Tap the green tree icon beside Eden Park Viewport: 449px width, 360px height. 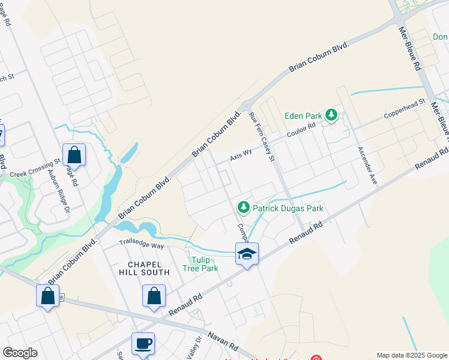point(331,114)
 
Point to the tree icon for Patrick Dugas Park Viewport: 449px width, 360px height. point(243,208)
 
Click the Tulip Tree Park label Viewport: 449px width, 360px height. point(205,264)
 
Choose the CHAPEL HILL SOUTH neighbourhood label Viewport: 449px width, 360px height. point(149,268)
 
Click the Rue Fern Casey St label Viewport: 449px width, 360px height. point(262,137)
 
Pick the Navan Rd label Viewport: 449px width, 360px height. point(223,343)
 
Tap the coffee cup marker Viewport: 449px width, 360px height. point(143,344)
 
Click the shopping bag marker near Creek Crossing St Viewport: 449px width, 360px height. point(74,155)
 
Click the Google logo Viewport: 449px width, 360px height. point(20,353)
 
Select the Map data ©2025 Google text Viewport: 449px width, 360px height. point(412,355)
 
